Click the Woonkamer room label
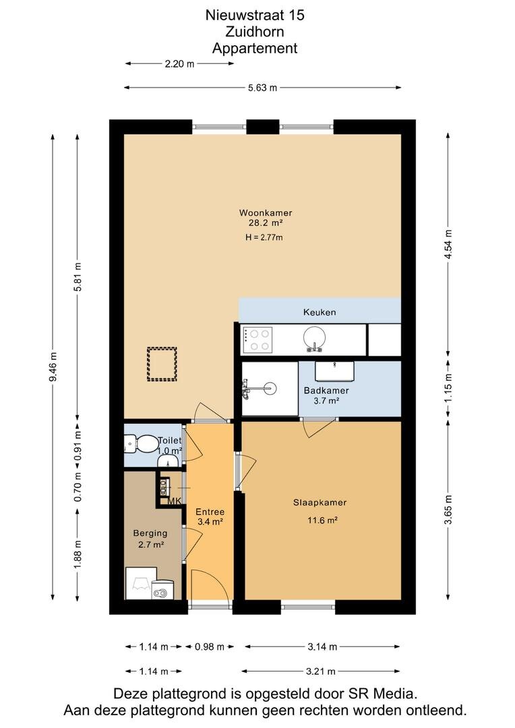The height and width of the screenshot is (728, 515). point(266,213)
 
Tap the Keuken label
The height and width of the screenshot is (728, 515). point(320,313)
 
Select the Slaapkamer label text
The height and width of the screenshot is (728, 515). point(320,502)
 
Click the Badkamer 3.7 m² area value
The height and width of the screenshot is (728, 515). point(326,400)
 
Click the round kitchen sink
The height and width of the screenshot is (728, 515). point(314,338)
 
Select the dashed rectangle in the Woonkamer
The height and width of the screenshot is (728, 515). point(162,364)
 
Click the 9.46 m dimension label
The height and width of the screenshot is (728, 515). point(54,367)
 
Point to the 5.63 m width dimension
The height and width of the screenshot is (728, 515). point(262,88)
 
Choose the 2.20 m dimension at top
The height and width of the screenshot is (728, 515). point(179,64)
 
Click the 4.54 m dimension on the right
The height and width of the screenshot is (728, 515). point(448,245)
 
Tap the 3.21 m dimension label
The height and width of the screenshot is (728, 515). point(321,671)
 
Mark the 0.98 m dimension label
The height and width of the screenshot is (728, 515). point(210,646)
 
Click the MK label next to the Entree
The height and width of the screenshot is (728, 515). point(175,501)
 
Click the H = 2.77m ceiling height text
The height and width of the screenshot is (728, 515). point(264,238)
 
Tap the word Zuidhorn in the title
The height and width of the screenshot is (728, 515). point(255,32)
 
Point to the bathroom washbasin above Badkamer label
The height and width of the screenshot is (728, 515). point(334,371)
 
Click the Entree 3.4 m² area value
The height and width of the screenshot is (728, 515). point(210,522)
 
